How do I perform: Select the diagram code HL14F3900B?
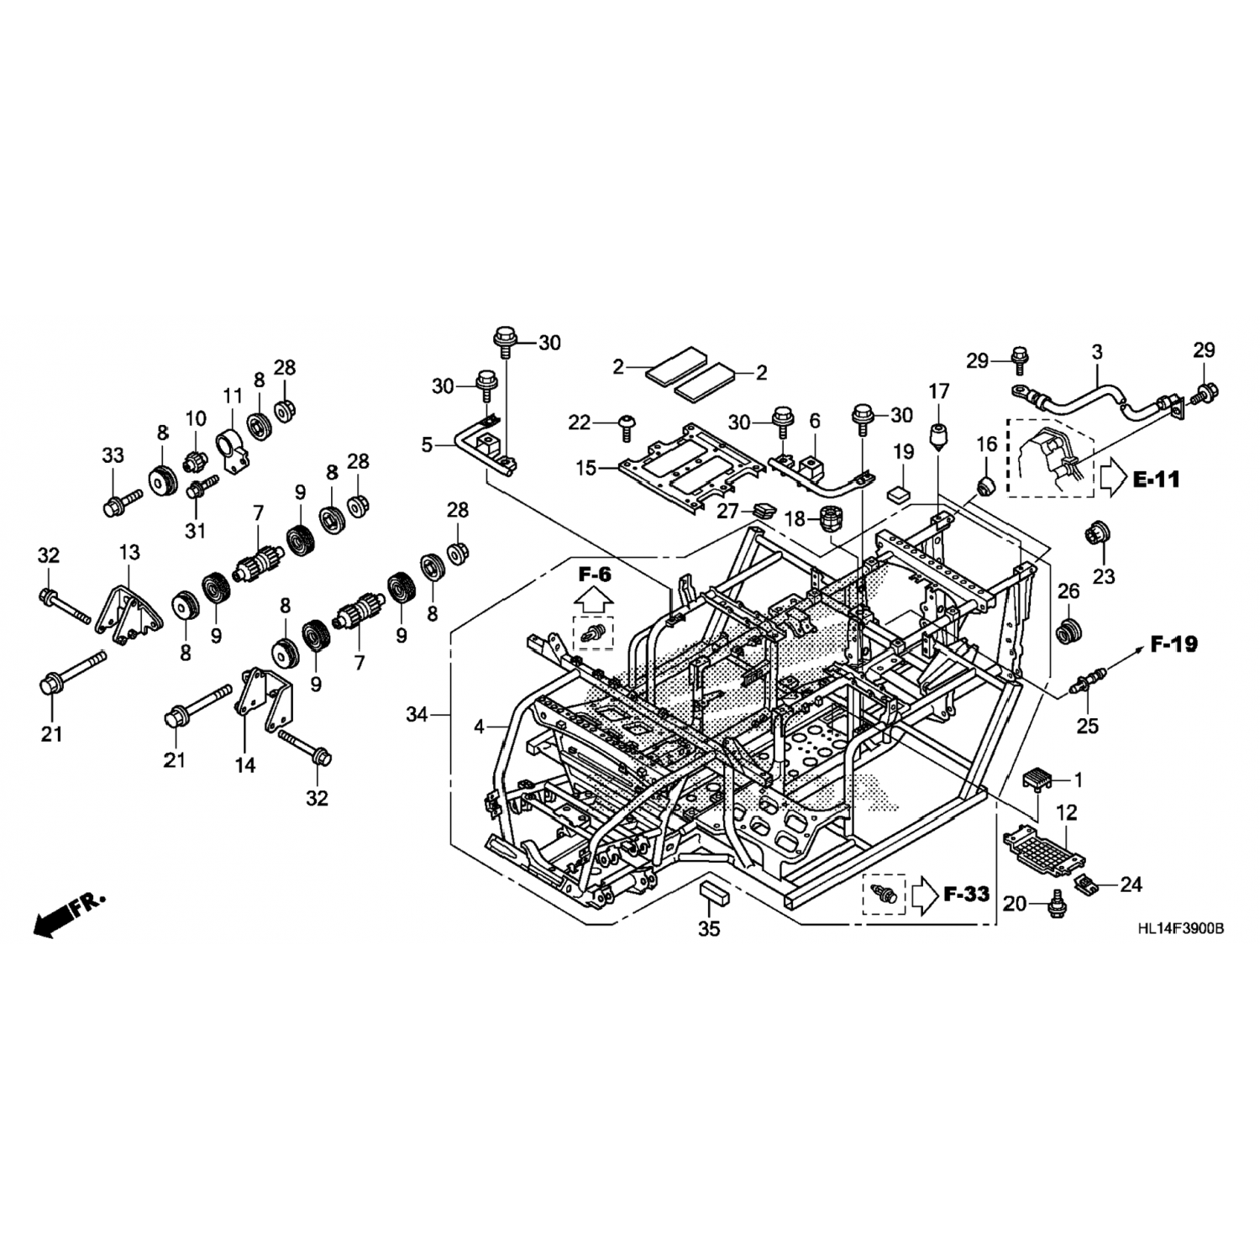1180,929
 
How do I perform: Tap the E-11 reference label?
1156,480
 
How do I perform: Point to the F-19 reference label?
1174,644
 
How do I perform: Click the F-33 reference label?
966,894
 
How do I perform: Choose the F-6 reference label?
594,575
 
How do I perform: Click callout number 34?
417,715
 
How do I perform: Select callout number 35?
710,929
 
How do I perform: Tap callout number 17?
938,391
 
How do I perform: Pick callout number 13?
129,553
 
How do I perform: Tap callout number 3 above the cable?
1097,352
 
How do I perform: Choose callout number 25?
1088,725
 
